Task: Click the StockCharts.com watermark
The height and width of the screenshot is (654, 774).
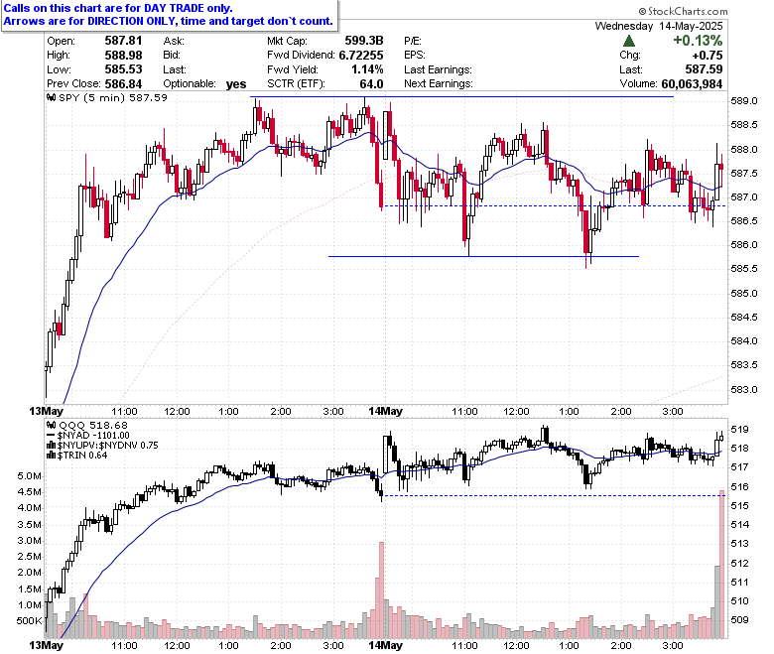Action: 683,11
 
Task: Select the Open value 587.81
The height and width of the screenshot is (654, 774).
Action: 123,41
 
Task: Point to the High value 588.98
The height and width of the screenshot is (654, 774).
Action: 123,55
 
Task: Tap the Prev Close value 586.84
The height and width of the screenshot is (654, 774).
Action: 123,84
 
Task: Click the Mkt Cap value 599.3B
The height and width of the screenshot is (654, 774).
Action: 364,41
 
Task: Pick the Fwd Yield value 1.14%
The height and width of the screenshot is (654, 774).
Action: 367,69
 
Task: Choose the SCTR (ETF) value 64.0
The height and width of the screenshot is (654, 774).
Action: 372,84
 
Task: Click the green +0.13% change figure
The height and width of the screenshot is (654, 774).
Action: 698,41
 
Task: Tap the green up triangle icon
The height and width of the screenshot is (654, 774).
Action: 629,41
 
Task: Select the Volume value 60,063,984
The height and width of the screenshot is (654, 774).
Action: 692,84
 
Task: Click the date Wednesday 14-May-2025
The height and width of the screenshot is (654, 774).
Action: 659,26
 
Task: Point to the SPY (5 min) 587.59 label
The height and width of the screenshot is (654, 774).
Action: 107,97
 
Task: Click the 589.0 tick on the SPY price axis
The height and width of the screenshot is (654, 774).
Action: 744,101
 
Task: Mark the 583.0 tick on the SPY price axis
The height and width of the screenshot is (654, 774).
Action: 744,390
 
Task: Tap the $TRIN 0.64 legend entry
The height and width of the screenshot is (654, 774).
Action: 77,456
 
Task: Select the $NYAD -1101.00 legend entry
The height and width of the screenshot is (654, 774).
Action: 88,436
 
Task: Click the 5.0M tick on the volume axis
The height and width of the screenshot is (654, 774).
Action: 29,476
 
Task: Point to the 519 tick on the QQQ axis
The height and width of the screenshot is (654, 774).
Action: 739,430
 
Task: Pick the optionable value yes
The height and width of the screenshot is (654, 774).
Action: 236,84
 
